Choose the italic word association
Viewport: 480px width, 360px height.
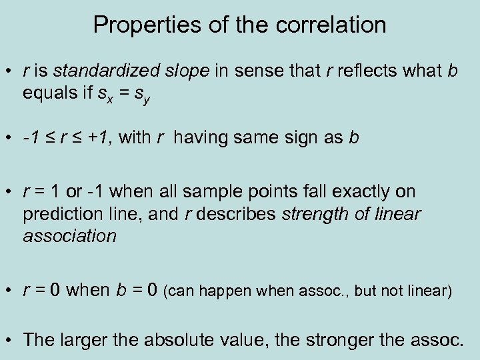pyautogui.click(x=69, y=235)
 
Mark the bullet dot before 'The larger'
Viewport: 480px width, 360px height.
pyautogui.click(x=10, y=339)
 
